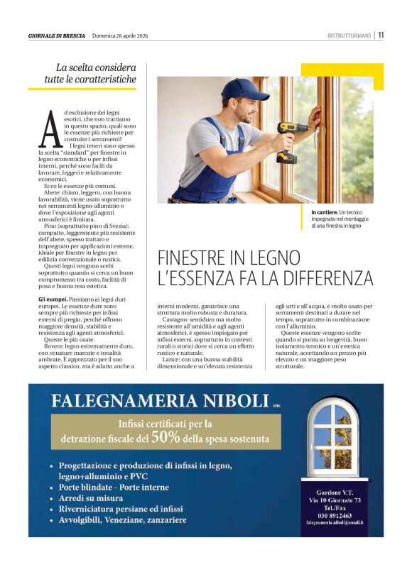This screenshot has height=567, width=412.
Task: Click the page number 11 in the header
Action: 381,35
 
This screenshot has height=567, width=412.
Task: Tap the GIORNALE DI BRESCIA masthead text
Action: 57,35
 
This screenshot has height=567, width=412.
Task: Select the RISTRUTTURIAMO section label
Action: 349,35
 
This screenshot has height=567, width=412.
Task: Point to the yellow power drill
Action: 288,139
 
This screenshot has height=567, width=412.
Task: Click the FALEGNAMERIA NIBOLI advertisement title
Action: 161,400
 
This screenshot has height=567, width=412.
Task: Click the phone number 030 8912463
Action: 334,516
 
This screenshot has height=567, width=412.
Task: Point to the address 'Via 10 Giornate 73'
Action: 334,500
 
